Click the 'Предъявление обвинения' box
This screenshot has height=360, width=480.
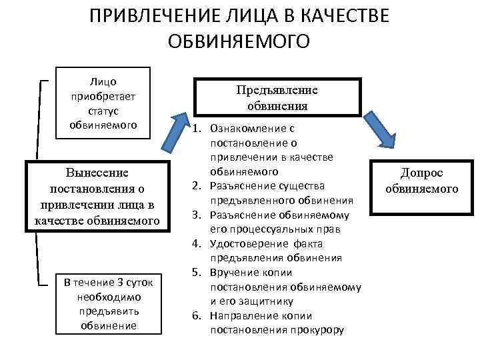pos(277,97)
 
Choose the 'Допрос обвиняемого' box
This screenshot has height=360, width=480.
pos(421,181)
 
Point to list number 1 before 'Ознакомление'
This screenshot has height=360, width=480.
pos(197,127)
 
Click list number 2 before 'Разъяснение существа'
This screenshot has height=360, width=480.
pos(197,185)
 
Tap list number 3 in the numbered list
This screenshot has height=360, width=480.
pos(197,214)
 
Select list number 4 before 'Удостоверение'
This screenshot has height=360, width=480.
pos(197,243)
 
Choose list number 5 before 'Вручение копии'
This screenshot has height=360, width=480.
pos(197,272)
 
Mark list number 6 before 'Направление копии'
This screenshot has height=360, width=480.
pos(197,315)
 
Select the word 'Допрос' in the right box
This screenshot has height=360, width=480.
pos(421,173)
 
